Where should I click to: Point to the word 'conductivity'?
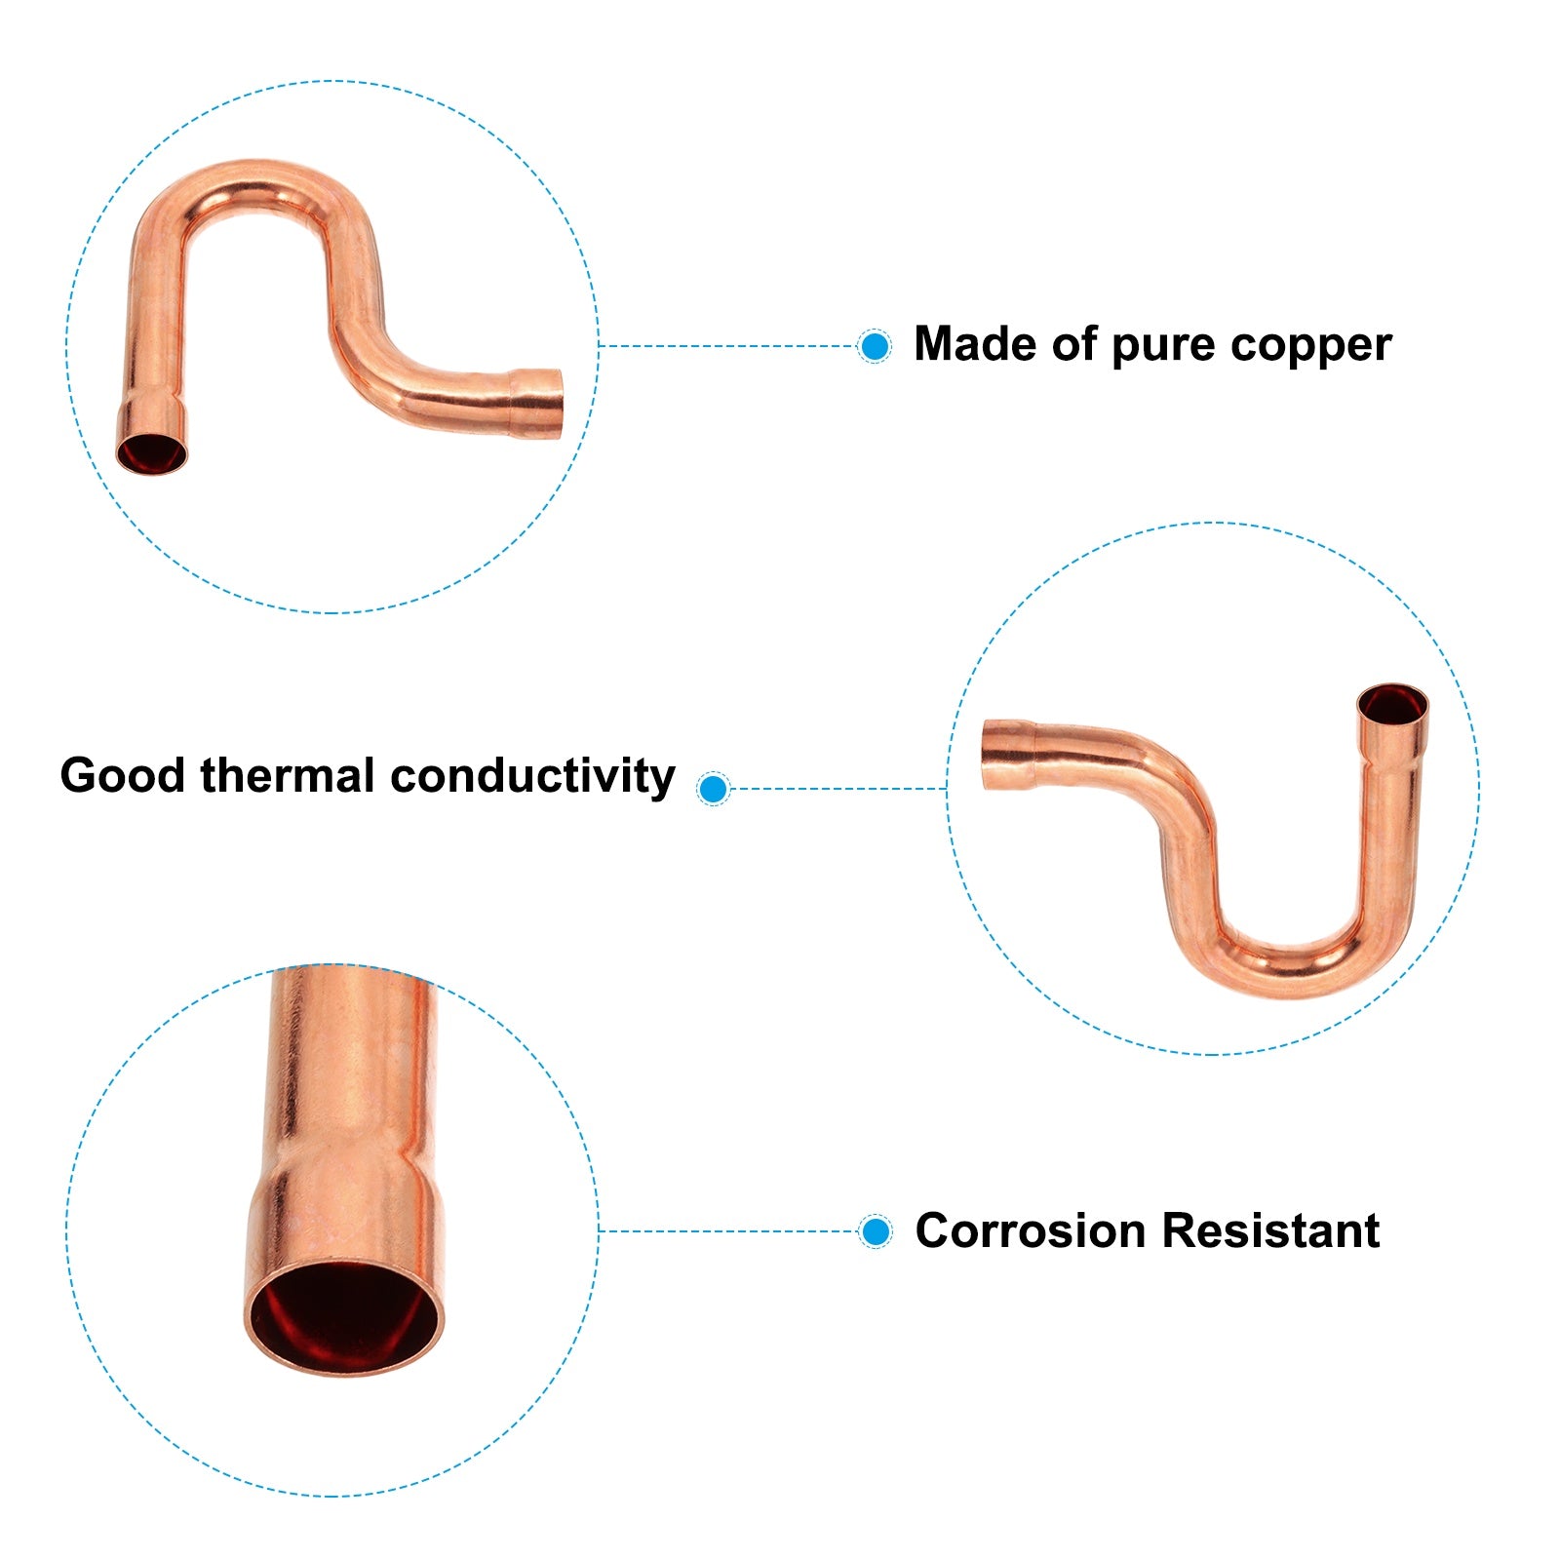pyautogui.click(x=532, y=777)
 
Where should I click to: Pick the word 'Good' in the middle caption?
pyautogui.click(x=122, y=776)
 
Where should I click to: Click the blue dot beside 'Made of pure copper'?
pyautogui.click(x=875, y=346)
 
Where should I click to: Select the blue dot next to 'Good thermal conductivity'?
pyautogui.click(x=714, y=788)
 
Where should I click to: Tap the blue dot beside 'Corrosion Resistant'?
pyautogui.click(x=876, y=1231)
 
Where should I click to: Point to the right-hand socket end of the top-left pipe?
pyautogui.click(x=537, y=404)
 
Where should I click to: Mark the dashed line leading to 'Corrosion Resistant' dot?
pyautogui.click(x=729, y=1231)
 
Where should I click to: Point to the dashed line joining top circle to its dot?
pyautogui.click(x=729, y=346)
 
